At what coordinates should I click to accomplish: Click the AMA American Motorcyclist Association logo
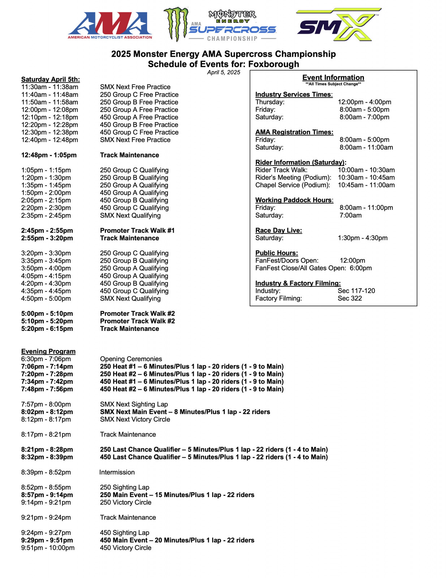tap(110, 25)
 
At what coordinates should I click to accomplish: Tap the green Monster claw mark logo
tap(176, 24)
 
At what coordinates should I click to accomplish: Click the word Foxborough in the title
tap(274, 64)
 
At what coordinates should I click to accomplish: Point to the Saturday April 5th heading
tap(50, 79)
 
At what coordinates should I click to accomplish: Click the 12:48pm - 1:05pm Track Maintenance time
tap(49, 155)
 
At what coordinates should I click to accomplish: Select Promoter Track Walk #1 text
tap(137, 230)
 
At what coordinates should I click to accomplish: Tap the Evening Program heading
tap(48, 351)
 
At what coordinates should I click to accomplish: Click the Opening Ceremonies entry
tap(131, 359)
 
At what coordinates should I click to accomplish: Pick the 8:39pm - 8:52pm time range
tap(46, 472)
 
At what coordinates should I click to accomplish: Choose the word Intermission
tap(117, 472)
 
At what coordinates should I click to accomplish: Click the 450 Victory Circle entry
tap(125, 548)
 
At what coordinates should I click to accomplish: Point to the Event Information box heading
tap(333, 78)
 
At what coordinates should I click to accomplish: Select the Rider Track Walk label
tap(281, 170)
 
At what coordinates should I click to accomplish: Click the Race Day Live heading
tap(278, 230)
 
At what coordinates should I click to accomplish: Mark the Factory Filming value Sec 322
tap(349, 298)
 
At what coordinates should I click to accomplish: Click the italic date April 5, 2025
tap(223, 72)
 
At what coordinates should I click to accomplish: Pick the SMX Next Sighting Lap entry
tap(134, 404)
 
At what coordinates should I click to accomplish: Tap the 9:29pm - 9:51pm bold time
tap(47, 540)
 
